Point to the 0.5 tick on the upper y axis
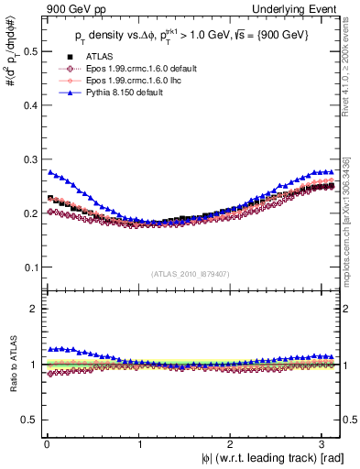[x=29, y=50]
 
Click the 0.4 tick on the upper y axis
[x=29, y=104]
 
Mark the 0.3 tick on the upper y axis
[x=29, y=158]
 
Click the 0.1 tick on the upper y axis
[x=29, y=267]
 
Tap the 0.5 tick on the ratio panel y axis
[x=29, y=420]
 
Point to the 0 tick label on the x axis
[x=46, y=443]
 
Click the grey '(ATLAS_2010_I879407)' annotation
[x=191, y=274]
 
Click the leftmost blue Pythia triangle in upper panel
[x=49, y=171]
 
